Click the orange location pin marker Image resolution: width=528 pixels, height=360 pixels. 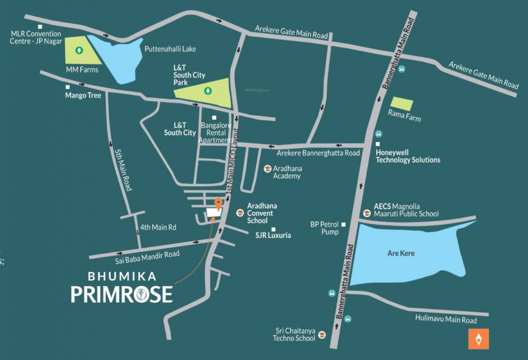(x=218, y=203)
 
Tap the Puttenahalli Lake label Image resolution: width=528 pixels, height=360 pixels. (x=170, y=49)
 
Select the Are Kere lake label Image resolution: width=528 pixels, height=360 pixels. (x=401, y=253)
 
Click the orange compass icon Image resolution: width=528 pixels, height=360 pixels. (x=478, y=339)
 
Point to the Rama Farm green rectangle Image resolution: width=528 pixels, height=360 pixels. (x=402, y=104)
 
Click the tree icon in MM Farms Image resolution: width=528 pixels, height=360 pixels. (x=79, y=49)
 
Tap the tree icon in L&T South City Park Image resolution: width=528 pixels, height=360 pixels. (x=207, y=90)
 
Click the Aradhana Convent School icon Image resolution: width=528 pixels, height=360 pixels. (x=240, y=213)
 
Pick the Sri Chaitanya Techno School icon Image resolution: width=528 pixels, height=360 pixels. (x=322, y=334)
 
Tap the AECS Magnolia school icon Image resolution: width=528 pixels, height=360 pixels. (x=367, y=213)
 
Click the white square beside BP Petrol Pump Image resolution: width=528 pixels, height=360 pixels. (x=343, y=225)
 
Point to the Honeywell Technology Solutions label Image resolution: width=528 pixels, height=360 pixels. (x=408, y=156)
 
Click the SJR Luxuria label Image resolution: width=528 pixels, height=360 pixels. (x=273, y=235)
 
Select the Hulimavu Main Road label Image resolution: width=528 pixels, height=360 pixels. (x=446, y=320)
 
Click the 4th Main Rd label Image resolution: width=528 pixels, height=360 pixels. (x=158, y=227)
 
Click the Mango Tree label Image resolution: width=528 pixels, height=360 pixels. (x=83, y=96)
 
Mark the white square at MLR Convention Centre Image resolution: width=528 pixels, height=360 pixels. (x=40, y=27)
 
